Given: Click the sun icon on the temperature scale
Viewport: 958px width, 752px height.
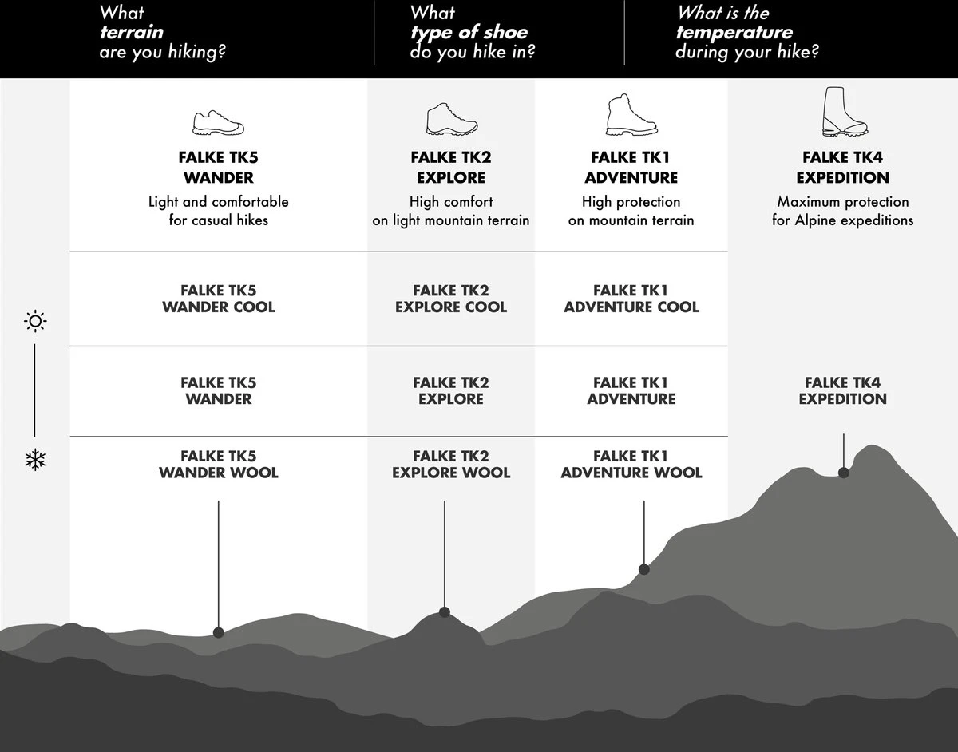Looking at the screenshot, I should (35, 322).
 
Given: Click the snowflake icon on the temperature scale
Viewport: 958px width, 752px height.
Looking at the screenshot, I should (35, 460).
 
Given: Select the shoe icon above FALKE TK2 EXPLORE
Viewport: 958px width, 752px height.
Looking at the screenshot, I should (451, 118).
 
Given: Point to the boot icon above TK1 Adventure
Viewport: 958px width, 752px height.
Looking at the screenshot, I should (631, 115).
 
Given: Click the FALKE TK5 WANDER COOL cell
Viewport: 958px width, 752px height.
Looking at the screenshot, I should (218, 299).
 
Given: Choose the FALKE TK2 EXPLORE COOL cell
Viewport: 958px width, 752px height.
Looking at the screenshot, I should (451, 299).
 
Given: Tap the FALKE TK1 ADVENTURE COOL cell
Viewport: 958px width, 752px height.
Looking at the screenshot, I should (631, 299).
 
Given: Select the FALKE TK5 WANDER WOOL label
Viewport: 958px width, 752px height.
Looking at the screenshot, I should (218, 465).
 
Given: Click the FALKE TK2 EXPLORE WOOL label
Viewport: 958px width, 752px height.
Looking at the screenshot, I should (451, 465).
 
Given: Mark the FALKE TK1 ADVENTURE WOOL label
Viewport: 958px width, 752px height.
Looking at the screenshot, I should (631, 465).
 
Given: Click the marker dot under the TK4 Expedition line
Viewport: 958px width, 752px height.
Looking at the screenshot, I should (844, 473).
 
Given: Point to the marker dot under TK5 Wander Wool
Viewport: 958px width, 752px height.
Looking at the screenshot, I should (219, 633).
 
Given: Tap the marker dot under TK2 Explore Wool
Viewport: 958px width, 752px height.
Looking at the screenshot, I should (445, 612).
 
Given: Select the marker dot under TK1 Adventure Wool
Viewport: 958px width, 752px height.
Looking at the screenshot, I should (644, 569).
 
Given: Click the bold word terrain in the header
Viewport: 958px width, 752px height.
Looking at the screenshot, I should (131, 34).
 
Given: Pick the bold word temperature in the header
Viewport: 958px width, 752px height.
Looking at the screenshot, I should (734, 34).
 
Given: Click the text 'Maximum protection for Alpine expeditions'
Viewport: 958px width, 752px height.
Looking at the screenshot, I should (842, 211).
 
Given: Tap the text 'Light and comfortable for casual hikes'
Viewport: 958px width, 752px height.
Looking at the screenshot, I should (218, 211).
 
